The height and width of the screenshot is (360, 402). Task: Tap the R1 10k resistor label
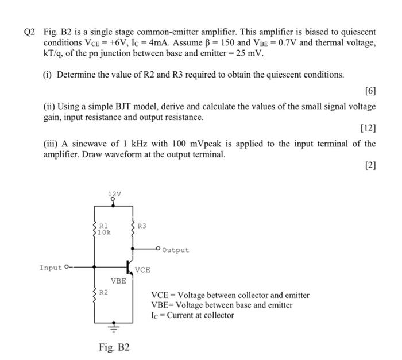click(104, 229)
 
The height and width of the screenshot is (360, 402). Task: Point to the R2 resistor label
click(103, 292)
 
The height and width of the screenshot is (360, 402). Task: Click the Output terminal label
click(175, 250)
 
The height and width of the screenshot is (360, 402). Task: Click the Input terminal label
click(50, 267)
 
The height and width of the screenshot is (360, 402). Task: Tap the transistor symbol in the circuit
click(130, 267)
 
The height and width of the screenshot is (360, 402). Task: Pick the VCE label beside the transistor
click(143, 269)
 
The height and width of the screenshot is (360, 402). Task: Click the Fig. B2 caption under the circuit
click(115, 347)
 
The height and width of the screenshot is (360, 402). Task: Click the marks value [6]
click(370, 91)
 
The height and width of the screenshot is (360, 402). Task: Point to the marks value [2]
click(370, 165)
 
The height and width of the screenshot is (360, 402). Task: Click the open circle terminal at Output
click(158, 250)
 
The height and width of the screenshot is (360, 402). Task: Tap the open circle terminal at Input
click(67, 267)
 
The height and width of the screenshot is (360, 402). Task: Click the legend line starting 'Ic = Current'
click(192, 315)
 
